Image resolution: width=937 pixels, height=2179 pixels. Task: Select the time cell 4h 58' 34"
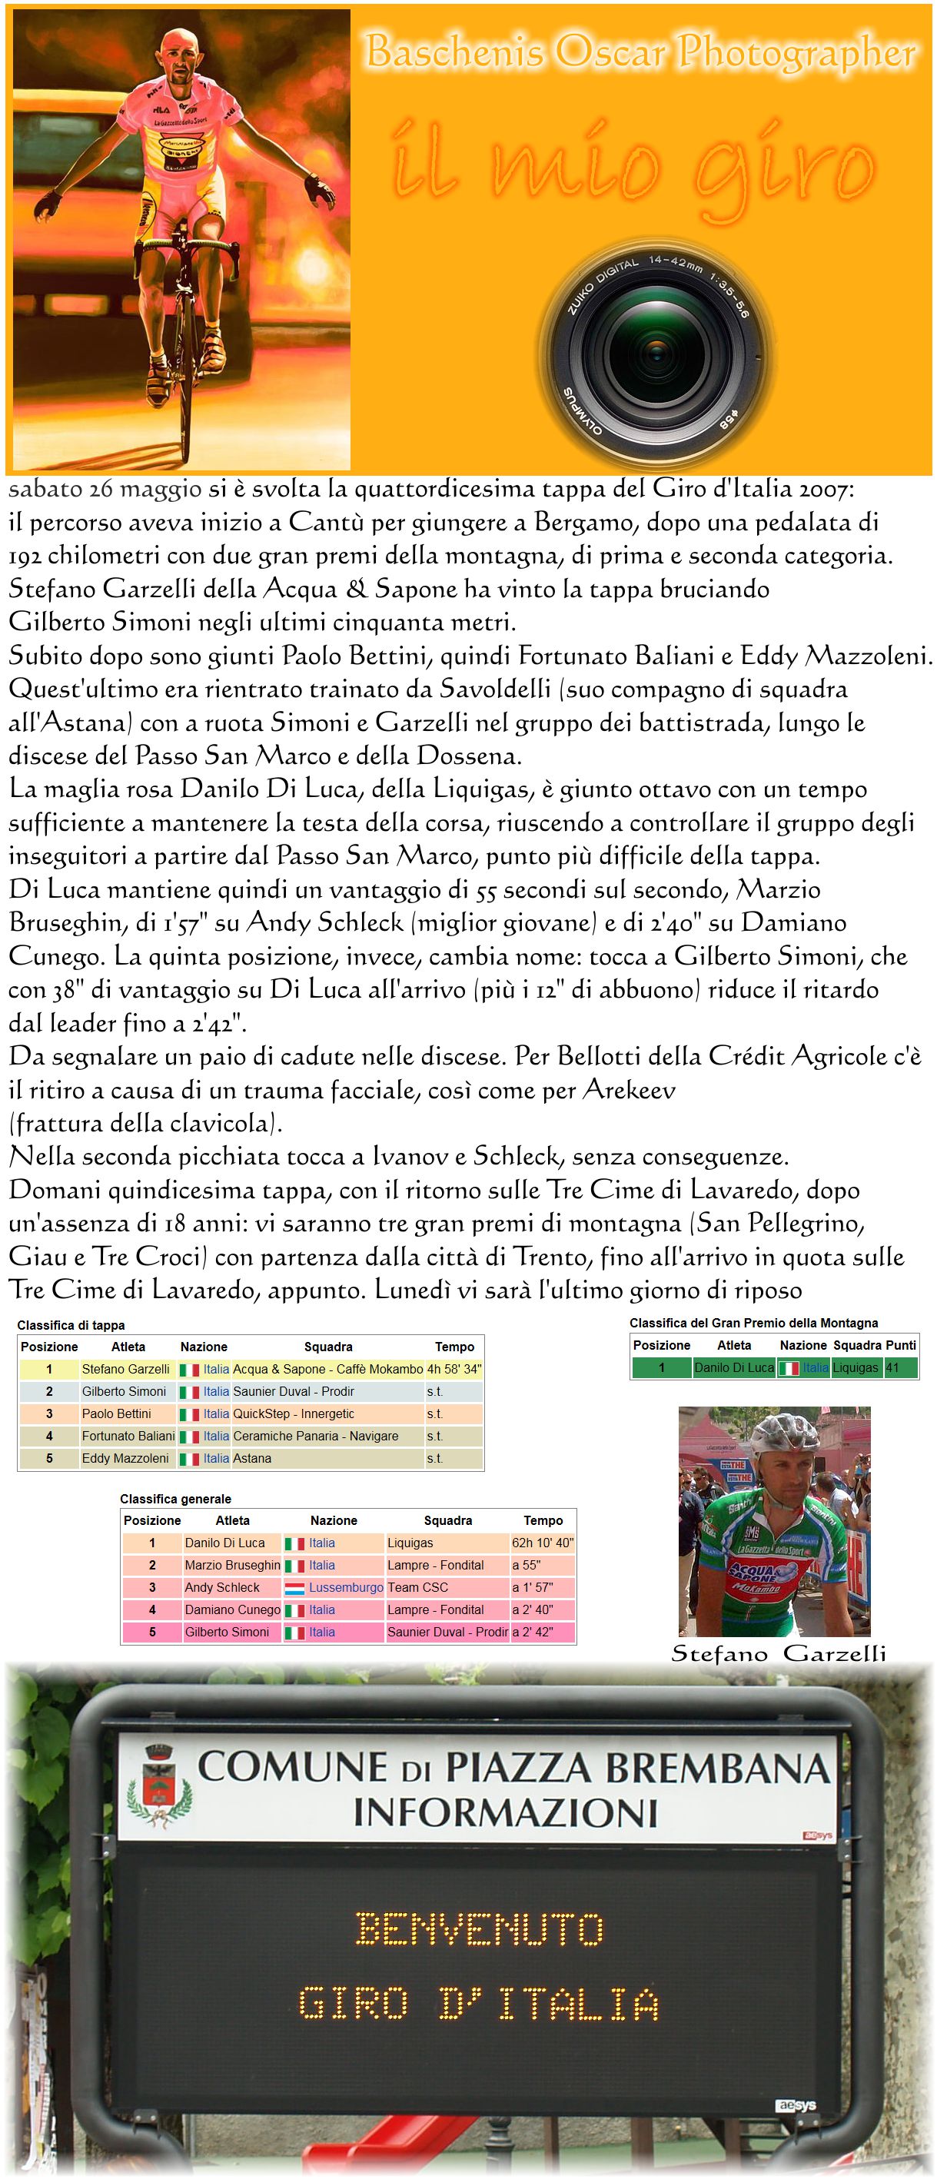(x=454, y=1369)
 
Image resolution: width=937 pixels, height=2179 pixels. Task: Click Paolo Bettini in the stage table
(x=117, y=1413)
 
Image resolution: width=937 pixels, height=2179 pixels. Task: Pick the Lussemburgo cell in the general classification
(x=345, y=1588)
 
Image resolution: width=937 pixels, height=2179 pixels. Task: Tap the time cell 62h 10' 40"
(x=542, y=1543)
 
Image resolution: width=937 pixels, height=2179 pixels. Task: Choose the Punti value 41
(x=892, y=1367)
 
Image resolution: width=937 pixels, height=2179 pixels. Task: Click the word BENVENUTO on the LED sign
(x=480, y=1929)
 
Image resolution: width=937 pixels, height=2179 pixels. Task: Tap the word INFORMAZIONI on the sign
(x=505, y=1812)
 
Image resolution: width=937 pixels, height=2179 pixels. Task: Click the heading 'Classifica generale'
(x=175, y=1499)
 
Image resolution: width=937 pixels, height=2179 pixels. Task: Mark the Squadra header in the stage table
(x=328, y=1347)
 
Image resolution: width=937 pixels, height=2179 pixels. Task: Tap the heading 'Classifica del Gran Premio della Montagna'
(x=753, y=1323)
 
